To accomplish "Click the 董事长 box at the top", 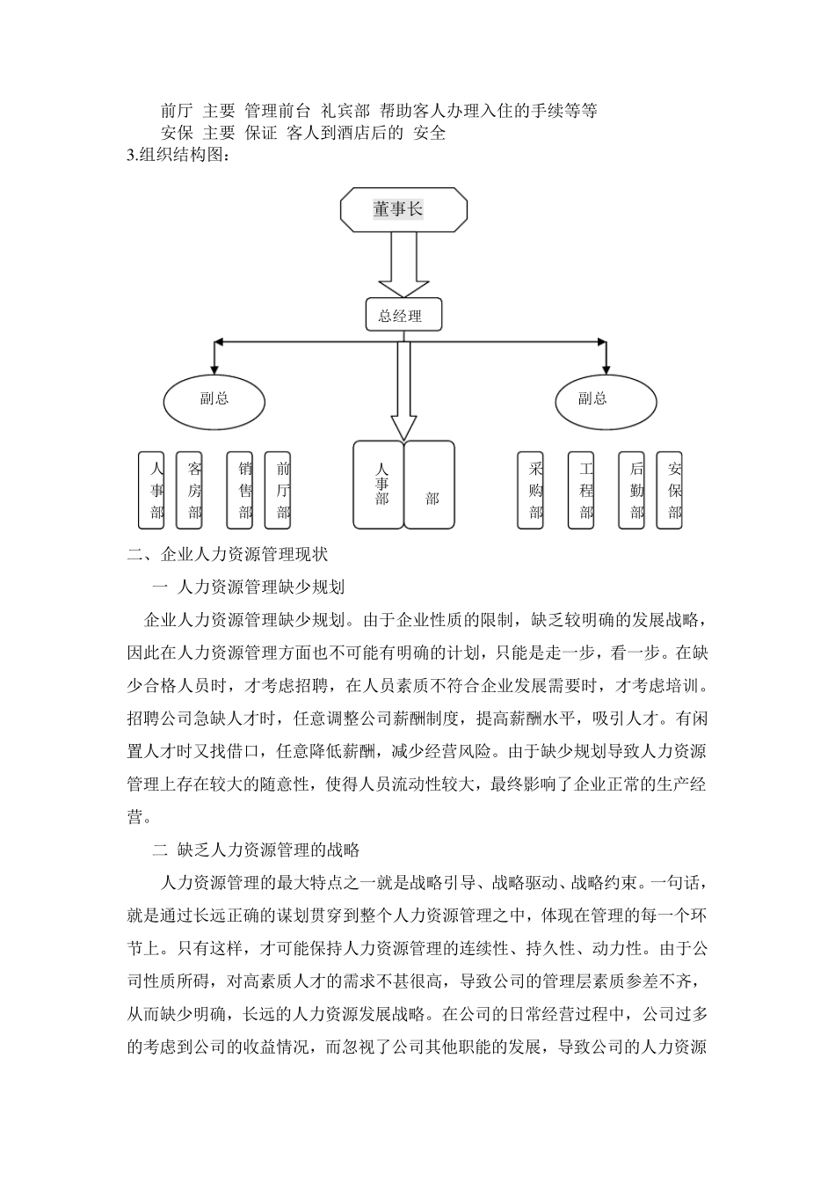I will click(403, 210).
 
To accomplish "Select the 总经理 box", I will click(403, 316).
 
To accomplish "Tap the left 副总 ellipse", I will click(214, 399).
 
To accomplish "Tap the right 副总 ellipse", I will click(606, 399).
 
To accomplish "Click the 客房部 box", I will click(190, 490).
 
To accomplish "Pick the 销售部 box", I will click(240, 490).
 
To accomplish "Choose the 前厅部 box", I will click(278, 490).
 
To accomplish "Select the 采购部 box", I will click(531, 490).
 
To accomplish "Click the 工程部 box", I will click(581, 490).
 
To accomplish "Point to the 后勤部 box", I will click(631, 490).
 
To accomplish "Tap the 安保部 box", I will click(670, 490).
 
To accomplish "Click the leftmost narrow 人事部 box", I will click(152, 490).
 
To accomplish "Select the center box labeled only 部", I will click(430, 485).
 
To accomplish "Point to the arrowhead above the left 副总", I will click(214, 364).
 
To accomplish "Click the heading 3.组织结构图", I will click(180, 157).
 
